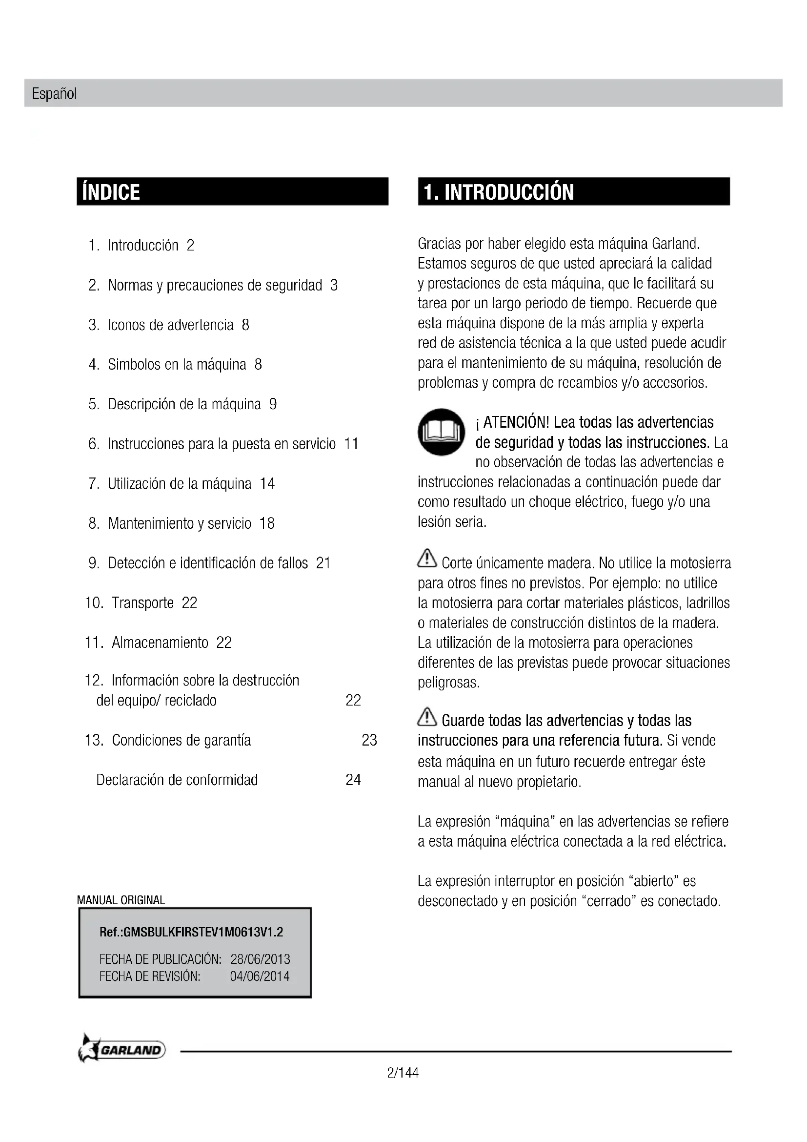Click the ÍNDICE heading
(x=111, y=192)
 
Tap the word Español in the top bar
(x=54, y=94)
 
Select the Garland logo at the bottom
(x=122, y=1050)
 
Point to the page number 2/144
(x=403, y=1073)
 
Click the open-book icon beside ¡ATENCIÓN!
(x=441, y=432)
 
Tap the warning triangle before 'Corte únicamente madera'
(x=427, y=558)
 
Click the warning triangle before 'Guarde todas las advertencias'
(x=427, y=716)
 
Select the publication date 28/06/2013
(x=261, y=959)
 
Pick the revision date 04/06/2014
(x=260, y=976)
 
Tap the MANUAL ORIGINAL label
(x=121, y=900)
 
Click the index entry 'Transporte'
(x=142, y=603)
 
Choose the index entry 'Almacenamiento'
(x=160, y=643)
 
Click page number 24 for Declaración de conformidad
(x=353, y=779)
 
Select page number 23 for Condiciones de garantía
(x=369, y=740)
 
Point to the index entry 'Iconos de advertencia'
(x=170, y=325)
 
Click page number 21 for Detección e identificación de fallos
(x=323, y=563)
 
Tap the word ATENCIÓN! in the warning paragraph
(x=516, y=422)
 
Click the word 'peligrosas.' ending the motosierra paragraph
(x=449, y=683)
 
